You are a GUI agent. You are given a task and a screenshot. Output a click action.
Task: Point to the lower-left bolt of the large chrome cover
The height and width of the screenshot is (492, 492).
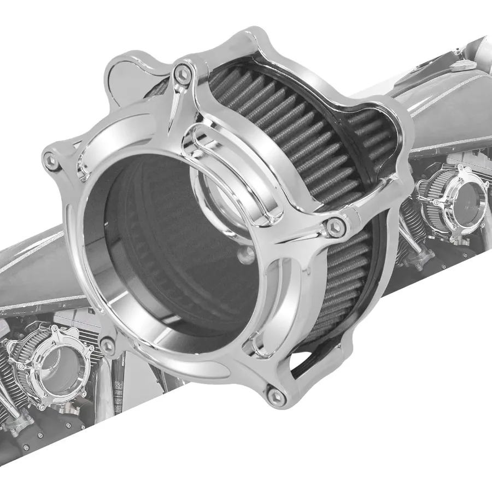point(109,345)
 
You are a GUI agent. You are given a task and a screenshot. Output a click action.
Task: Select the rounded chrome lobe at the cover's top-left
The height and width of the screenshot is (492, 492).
point(123,74)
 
